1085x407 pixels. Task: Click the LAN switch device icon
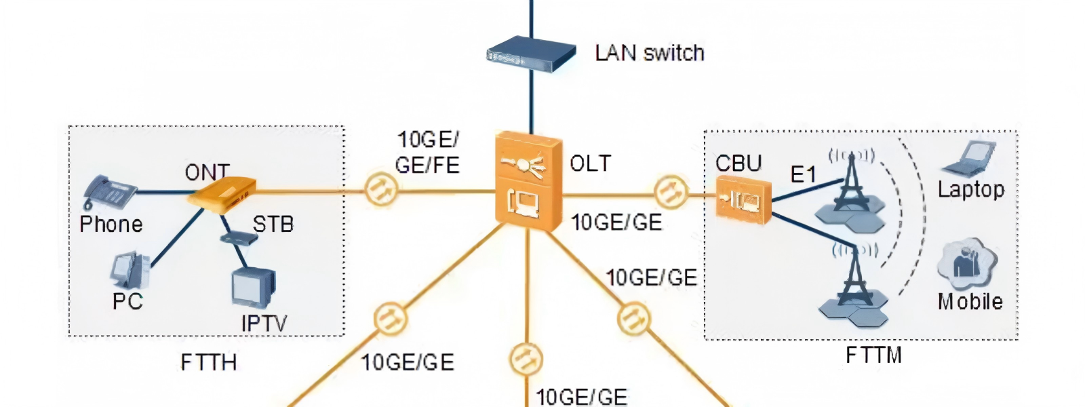(531, 54)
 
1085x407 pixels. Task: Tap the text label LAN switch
(650, 53)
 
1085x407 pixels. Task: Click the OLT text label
(590, 163)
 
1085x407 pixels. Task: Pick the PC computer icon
(129, 271)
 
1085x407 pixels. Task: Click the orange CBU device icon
(743, 199)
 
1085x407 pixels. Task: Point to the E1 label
(803, 175)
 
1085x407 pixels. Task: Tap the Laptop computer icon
(969, 159)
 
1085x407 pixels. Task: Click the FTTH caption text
(209, 363)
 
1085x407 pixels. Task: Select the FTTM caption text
(873, 355)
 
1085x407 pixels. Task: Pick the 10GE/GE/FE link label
(428, 153)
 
